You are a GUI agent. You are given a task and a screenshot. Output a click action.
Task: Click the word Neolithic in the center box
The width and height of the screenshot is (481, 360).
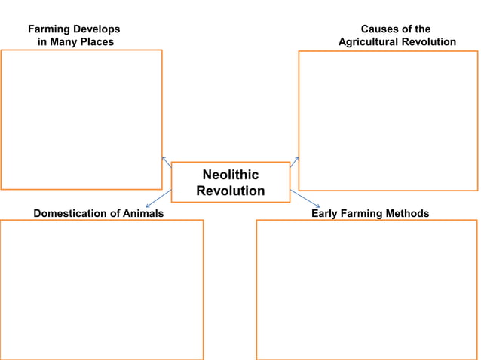(x=230, y=175)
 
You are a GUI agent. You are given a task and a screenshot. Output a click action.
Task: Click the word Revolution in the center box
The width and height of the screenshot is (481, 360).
(x=230, y=191)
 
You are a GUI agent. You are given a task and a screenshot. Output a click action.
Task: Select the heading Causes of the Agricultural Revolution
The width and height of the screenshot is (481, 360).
(x=397, y=35)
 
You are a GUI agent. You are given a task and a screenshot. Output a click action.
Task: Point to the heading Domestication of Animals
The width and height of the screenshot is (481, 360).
(x=99, y=214)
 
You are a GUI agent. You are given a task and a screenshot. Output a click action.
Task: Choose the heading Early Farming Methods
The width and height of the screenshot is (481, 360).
(x=370, y=214)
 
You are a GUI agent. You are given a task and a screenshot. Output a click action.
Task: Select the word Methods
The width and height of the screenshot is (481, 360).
(x=406, y=214)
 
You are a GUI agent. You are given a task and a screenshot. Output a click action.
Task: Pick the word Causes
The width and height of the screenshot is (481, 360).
(x=379, y=29)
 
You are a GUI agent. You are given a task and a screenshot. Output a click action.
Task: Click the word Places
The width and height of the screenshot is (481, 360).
(x=97, y=42)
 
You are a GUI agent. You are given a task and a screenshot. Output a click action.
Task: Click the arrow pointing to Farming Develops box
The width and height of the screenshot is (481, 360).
(x=166, y=161)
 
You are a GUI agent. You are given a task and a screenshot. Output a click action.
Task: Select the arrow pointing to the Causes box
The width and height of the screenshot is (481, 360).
(x=295, y=161)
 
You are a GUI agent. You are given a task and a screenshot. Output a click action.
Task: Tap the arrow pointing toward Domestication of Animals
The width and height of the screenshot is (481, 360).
(x=158, y=198)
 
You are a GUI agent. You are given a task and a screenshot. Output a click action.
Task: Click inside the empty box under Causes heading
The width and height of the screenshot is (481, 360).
(x=388, y=121)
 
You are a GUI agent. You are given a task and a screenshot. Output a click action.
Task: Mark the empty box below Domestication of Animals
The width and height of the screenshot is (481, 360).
(x=102, y=290)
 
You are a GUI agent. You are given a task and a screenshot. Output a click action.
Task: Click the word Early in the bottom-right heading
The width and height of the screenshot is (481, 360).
(x=326, y=214)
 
